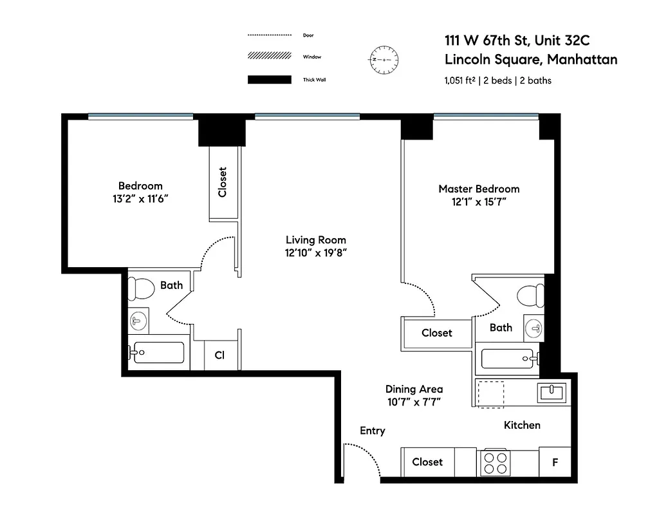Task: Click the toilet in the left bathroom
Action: tap(140, 288)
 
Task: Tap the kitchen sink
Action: tap(552, 392)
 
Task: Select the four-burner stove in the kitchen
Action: tap(495, 462)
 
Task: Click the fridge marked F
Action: tap(554, 462)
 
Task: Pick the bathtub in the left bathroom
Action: tap(158, 353)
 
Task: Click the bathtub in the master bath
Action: tap(508, 359)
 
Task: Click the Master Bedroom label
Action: tap(479, 189)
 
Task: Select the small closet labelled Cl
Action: tap(219, 355)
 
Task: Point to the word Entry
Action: tap(372, 431)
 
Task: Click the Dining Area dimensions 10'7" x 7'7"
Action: tap(414, 402)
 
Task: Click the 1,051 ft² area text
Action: tap(458, 81)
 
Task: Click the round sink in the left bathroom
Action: tap(138, 320)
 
